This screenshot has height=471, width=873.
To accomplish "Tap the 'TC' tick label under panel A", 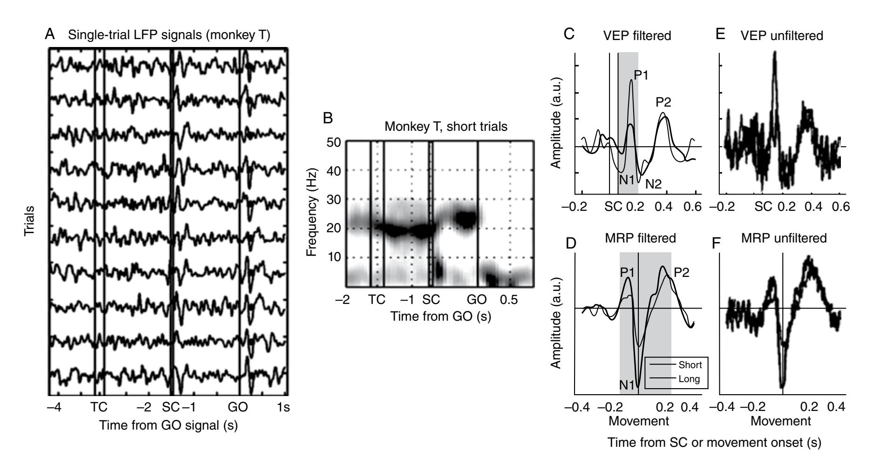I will tap(99, 407).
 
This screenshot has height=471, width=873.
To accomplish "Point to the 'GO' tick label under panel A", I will tap(237, 407).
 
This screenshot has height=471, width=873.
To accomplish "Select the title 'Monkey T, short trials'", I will tap(446, 127).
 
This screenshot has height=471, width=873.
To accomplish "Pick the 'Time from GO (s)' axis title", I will tap(441, 317).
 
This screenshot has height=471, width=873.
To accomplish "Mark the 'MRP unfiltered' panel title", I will tap(788, 239).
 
